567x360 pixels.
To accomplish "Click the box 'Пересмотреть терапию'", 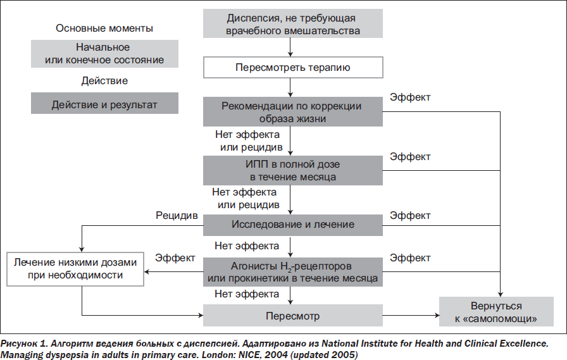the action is coord(293,67).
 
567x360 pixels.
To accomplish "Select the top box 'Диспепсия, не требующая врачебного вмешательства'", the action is coord(293,23).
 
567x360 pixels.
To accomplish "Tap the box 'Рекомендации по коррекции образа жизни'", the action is coord(293,112).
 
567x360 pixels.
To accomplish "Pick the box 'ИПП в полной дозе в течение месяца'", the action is coord(293,171).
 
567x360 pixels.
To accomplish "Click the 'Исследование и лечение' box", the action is coord(293,225).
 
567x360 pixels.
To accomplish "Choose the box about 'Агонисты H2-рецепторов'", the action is coord(293,272).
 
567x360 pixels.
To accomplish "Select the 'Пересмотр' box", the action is coord(293,316).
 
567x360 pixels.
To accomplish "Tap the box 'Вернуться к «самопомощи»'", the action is coord(496,311).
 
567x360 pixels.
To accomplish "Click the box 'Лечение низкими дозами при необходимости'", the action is coord(75,269).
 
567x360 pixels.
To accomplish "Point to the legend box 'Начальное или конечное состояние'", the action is coord(104,54).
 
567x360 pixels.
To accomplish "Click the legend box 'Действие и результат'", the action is coord(104,103).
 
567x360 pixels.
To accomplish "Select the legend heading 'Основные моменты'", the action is coord(104,28).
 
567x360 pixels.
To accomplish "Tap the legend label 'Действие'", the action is coord(104,80).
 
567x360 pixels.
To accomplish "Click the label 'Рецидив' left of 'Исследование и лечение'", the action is coord(177,215).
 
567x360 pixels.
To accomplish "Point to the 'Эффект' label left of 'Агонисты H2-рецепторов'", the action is coord(175,258).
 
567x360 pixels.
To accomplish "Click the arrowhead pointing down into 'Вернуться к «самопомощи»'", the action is coord(500,294).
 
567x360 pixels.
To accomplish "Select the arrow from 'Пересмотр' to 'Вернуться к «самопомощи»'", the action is coord(411,316).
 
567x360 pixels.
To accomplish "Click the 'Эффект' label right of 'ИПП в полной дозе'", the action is coord(410,156).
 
